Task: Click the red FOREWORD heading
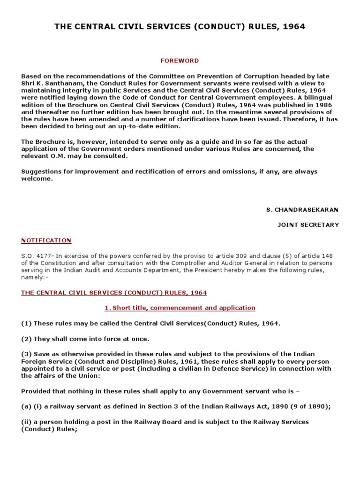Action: pos(180,61)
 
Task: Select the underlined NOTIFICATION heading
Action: pos(46,240)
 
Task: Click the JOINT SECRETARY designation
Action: pos(308,225)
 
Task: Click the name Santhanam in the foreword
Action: pos(59,83)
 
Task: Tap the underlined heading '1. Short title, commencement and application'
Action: pos(180,308)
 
